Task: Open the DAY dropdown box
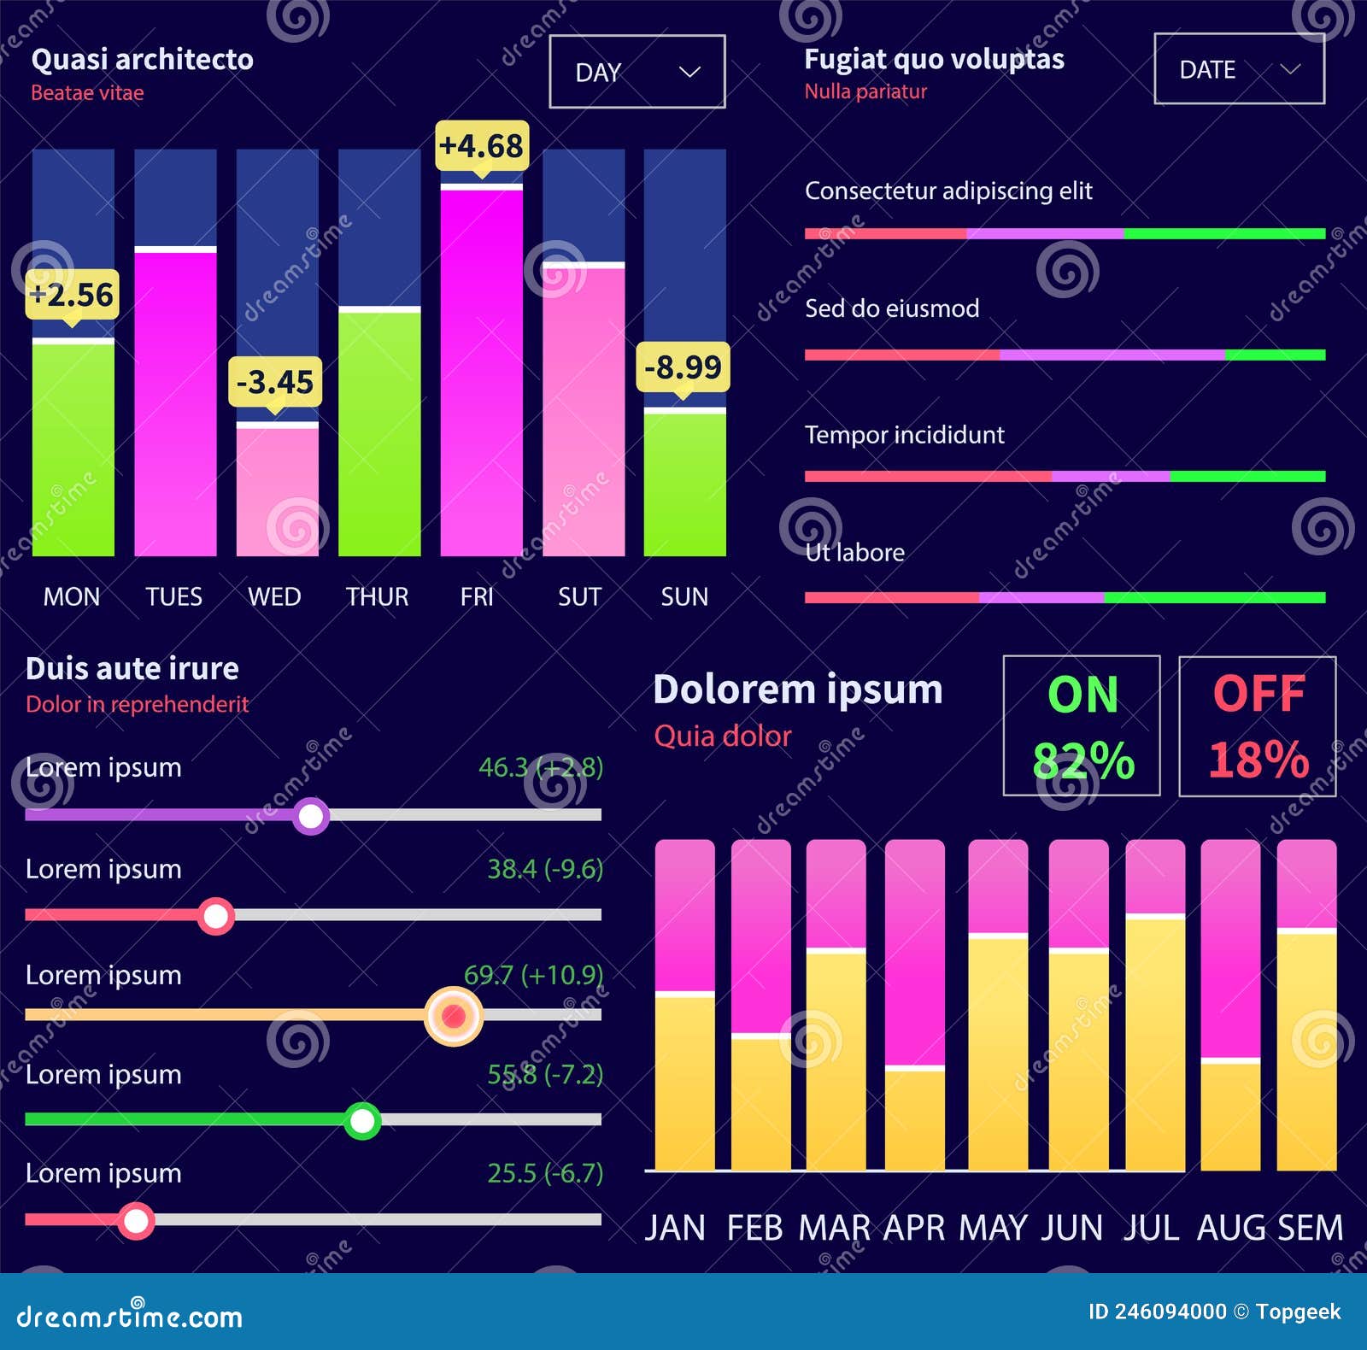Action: pos(637,72)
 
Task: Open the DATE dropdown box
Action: pos(1238,69)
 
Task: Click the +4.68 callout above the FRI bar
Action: pos(481,146)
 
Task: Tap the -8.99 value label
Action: pos(683,367)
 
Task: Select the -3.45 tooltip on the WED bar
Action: pos(275,382)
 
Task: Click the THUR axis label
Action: pos(377,596)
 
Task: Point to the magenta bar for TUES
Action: pos(175,402)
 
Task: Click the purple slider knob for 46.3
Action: pos(311,816)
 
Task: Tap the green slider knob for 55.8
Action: pos(362,1120)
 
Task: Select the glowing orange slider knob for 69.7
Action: pos(454,1016)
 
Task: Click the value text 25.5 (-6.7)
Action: pos(544,1173)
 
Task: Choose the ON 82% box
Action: pos(1082,726)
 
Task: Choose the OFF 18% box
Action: pos(1258,726)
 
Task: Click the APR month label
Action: pos(914,1228)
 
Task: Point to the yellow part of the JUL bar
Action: pos(1154,1042)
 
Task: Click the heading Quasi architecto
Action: pos(142,60)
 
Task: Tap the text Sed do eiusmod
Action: pos(891,308)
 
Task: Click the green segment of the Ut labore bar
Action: pos(1213,598)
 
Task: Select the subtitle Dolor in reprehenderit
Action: pos(137,704)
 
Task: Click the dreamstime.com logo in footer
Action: pos(129,1316)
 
